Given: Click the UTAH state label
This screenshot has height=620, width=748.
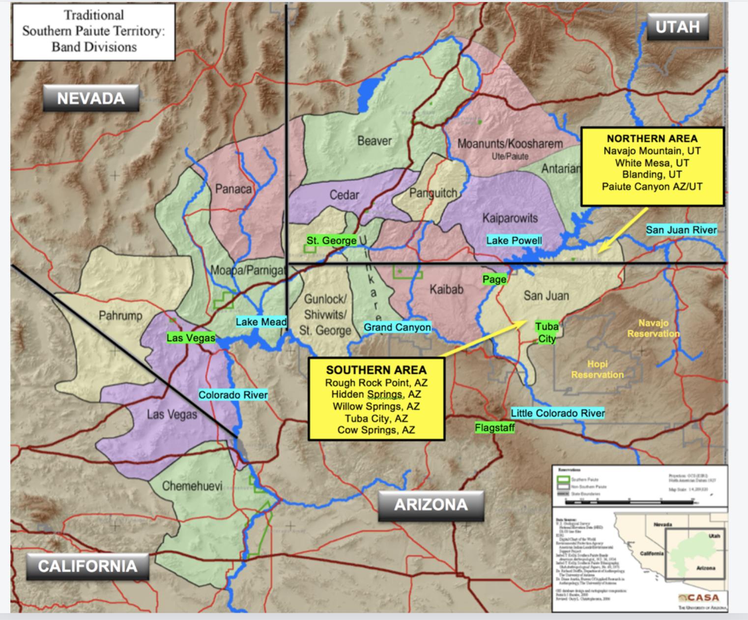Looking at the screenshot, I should click(677, 27).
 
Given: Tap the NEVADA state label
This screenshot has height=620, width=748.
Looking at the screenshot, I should click(91, 98).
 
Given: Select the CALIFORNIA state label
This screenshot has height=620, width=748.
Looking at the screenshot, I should click(87, 566).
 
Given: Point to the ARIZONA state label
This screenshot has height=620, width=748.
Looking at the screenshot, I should click(431, 505).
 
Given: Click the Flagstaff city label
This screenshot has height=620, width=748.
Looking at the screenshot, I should click(495, 428).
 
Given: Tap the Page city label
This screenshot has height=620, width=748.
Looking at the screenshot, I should click(494, 279).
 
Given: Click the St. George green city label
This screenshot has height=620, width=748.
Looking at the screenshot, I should click(332, 241).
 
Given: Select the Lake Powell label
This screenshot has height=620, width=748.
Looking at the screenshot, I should click(514, 240).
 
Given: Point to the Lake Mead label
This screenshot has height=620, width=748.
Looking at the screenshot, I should click(261, 322).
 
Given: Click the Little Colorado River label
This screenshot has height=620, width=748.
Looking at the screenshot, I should click(558, 413).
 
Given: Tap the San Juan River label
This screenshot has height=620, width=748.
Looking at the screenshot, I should click(681, 230).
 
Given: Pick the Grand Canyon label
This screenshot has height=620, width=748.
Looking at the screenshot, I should click(397, 327).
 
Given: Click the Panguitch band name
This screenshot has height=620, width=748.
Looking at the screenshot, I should click(433, 193).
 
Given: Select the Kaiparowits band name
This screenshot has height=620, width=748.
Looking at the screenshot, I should click(510, 218).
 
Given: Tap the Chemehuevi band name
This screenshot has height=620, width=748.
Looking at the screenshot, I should click(192, 486).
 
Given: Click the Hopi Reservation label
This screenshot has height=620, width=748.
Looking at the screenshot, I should click(597, 369).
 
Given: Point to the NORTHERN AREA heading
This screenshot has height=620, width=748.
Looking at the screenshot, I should click(652, 139).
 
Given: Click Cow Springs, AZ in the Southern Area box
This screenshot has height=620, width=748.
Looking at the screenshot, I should click(376, 430).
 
